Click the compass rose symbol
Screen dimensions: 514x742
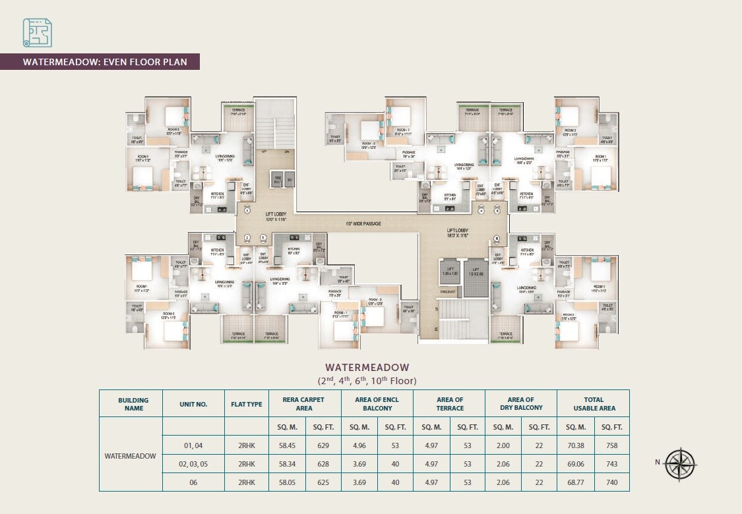(679, 463)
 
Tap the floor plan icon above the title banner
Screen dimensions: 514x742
(38, 33)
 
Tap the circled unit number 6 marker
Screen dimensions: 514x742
(497, 239)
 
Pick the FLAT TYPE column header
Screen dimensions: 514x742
(246, 404)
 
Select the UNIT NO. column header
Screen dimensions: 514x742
(193, 404)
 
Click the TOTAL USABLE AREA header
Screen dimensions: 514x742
(593, 404)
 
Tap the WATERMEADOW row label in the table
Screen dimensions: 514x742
(131, 455)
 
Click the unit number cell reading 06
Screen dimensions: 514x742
(193, 482)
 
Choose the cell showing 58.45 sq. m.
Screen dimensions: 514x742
(288, 445)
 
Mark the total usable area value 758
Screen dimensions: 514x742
(611, 445)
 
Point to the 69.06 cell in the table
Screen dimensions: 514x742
(575, 464)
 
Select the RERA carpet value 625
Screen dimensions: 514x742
(323, 482)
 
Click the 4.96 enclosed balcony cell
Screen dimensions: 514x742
(359, 445)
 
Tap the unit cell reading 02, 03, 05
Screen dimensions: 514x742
(193, 464)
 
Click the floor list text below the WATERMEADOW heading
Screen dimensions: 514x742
(367, 381)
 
